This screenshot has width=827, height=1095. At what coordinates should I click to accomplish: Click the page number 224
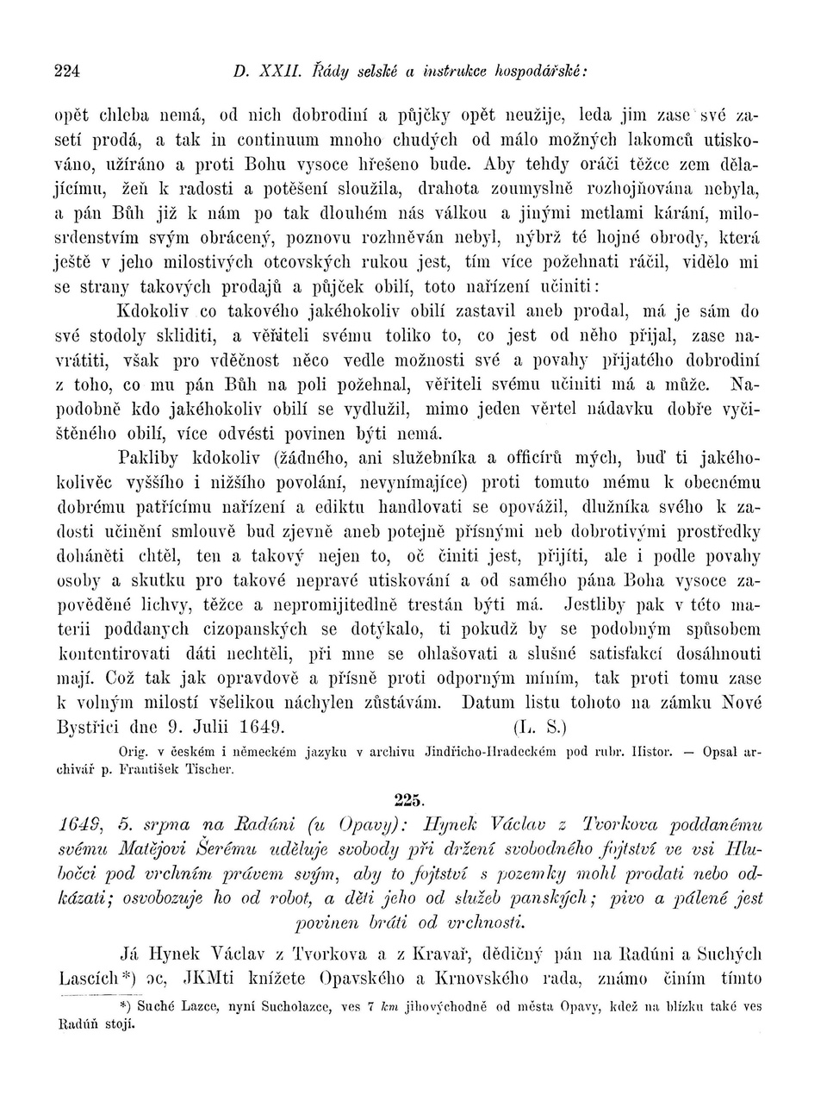[x=68, y=72]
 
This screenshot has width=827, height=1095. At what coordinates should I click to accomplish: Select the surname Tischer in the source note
[x=208, y=767]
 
